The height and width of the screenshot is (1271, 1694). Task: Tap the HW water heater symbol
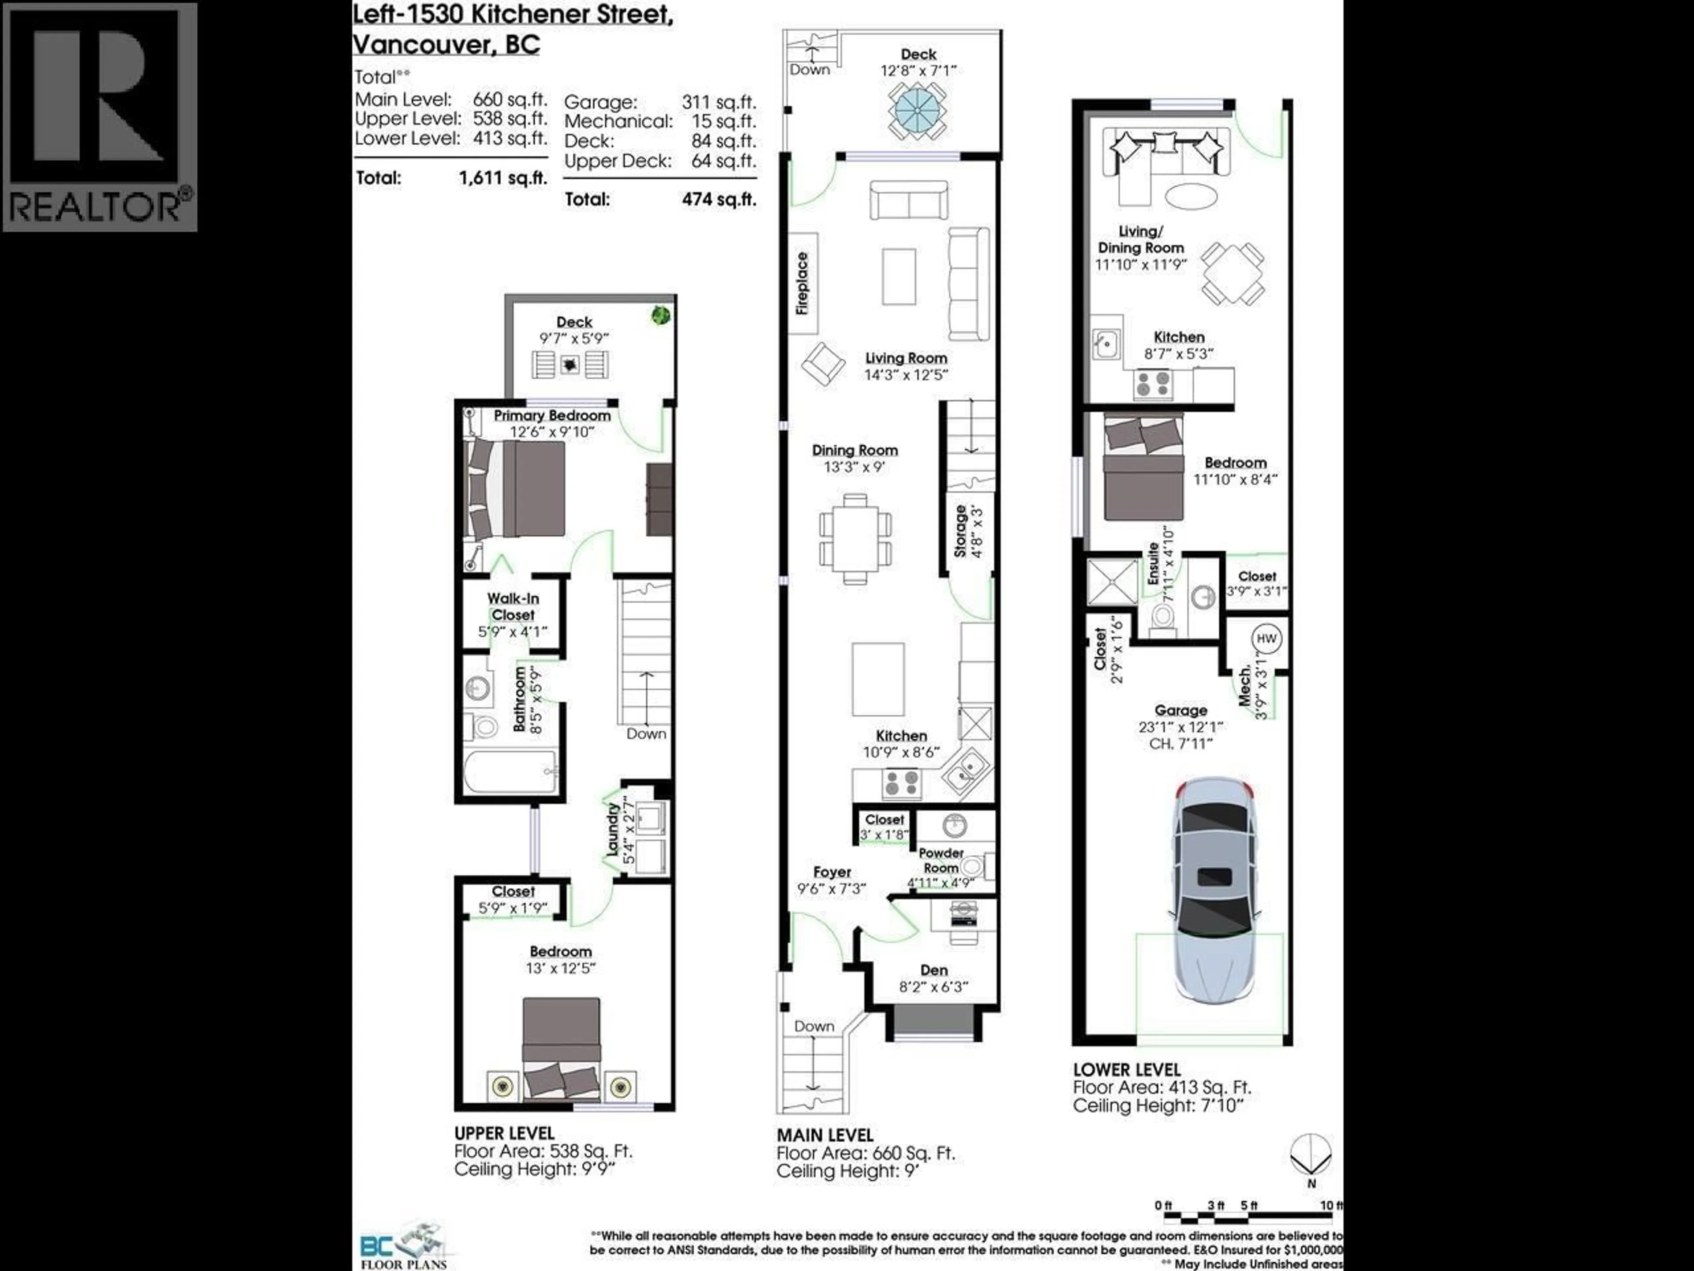[1266, 638]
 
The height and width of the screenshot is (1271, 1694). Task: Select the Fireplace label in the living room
[802, 283]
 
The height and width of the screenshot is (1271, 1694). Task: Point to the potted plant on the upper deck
[660, 314]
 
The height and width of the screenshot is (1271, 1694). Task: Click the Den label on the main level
[933, 970]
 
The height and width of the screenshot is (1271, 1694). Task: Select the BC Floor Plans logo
[402, 1245]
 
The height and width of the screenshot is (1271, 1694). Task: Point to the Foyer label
[832, 872]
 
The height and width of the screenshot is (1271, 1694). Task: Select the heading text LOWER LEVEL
[1127, 1069]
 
